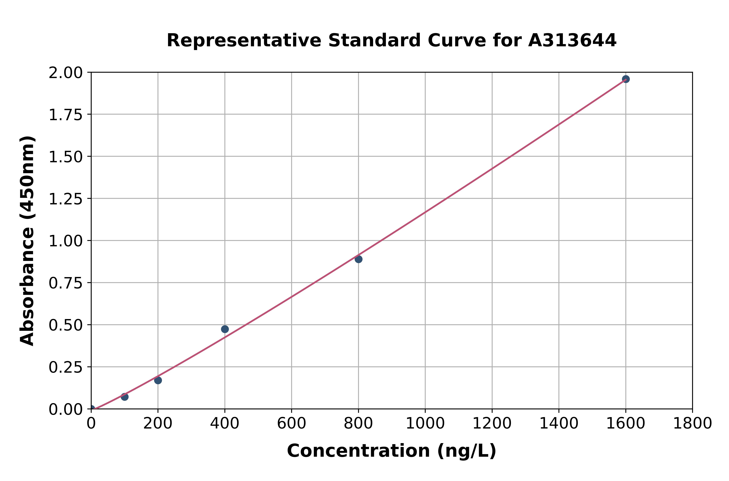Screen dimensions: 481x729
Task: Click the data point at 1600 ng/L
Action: (626, 79)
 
